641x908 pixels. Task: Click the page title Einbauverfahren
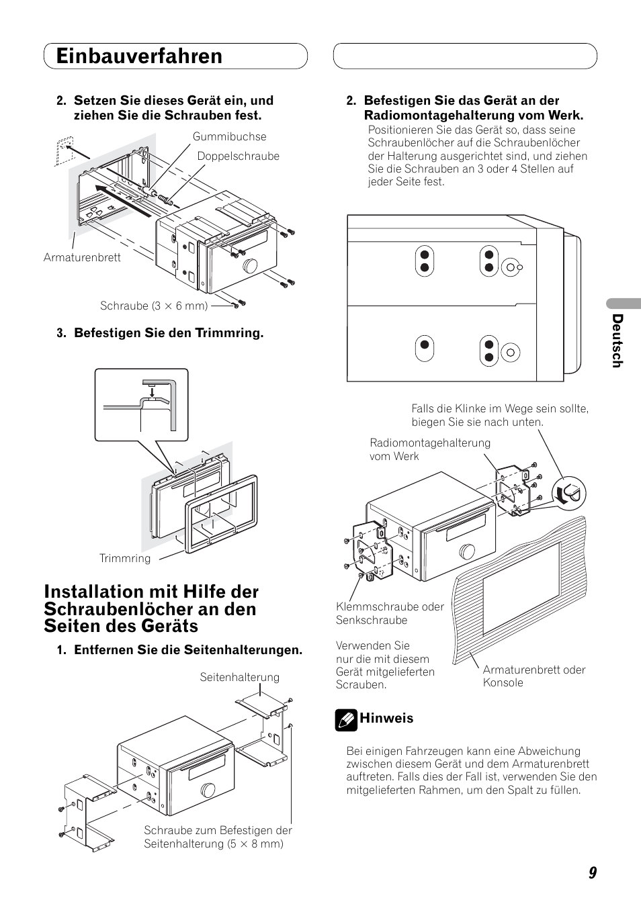click(x=139, y=56)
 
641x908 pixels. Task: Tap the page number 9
click(x=592, y=873)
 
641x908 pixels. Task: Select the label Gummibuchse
click(x=229, y=137)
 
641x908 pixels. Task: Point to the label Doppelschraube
click(x=238, y=156)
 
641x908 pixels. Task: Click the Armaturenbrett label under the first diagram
click(x=82, y=258)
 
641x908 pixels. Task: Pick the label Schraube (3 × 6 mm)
click(x=153, y=306)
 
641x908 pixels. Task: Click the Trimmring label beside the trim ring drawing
click(x=125, y=559)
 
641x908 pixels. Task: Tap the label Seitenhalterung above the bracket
click(x=239, y=678)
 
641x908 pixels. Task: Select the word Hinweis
click(x=386, y=719)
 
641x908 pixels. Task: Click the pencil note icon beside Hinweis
click(x=345, y=721)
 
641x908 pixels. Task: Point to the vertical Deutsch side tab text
click(x=617, y=340)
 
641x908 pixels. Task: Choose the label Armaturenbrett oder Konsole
click(x=533, y=676)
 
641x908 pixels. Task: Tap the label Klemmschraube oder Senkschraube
click(x=390, y=613)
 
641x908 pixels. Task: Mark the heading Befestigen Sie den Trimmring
click(x=168, y=333)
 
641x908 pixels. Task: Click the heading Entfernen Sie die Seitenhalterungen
click(x=187, y=650)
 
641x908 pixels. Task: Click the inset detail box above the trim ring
click(x=141, y=405)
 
